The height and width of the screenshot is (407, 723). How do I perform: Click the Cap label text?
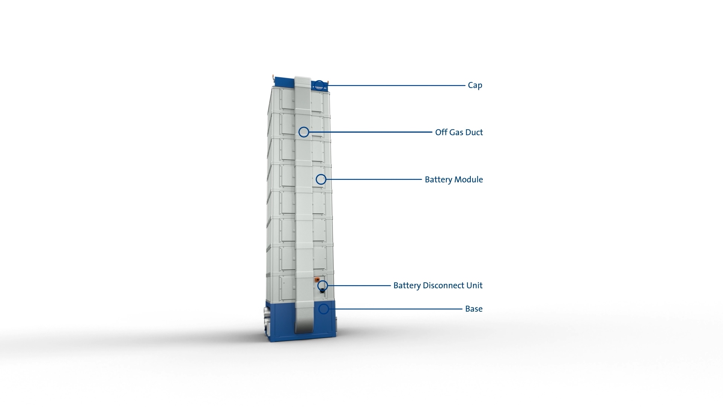tap(475, 85)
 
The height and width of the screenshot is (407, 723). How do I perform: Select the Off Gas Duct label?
tap(459, 132)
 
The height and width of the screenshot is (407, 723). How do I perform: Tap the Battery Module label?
tap(454, 179)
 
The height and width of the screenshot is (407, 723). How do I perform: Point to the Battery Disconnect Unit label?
tap(438, 285)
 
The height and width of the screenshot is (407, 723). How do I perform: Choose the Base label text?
tap(474, 309)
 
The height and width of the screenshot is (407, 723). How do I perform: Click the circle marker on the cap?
tap(319, 86)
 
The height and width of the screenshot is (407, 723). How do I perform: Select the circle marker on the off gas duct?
tap(304, 132)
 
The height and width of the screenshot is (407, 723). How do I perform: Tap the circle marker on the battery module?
tap(321, 179)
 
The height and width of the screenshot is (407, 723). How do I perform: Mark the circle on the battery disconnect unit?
tap(323, 286)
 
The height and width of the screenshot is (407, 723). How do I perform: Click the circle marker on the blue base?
tap(324, 309)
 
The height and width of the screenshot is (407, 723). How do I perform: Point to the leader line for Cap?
tap(395, 86)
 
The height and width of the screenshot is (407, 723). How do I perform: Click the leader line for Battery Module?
tap(374, 179)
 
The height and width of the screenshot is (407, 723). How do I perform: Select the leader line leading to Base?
tap(396, 309)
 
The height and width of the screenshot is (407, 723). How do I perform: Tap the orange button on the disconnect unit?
tap(317, 280)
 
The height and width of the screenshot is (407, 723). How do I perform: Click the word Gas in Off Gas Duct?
tap(456, 132)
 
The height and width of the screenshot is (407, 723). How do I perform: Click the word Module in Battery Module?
tap(469, 179)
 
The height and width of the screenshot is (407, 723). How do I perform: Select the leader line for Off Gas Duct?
tap(371, 132)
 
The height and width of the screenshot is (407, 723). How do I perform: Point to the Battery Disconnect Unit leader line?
tap(359, 286)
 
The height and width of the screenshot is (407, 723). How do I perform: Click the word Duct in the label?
tap(474, 132)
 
